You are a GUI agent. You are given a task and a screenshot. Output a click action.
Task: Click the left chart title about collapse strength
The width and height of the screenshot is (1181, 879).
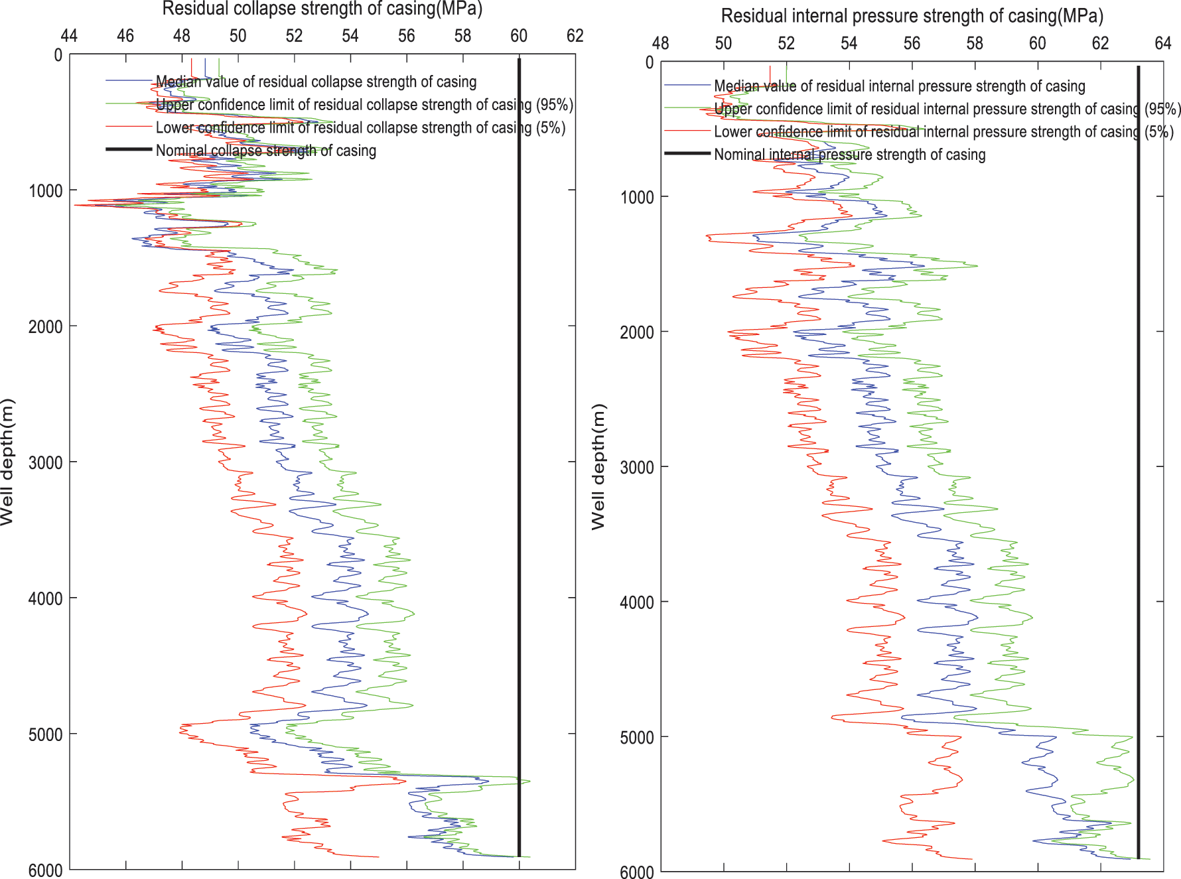tap(322, 9)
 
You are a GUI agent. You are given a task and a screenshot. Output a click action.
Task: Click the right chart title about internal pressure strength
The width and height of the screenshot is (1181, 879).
tap(912, 16)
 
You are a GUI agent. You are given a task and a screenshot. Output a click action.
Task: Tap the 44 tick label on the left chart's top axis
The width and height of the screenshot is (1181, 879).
tap(69, 36)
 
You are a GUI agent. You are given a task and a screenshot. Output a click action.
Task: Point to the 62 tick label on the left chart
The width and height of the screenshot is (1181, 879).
tap(575, 36)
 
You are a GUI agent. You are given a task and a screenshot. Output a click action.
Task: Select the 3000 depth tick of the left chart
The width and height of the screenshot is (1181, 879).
tap(45, 462)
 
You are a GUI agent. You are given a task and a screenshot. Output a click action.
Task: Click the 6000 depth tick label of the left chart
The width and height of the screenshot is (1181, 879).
tap(45, 870)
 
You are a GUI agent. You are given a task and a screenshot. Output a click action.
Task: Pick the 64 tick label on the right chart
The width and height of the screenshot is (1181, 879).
tap(1162, 43)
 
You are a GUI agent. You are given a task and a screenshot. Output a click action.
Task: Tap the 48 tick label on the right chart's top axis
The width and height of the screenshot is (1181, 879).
tap(660, 43)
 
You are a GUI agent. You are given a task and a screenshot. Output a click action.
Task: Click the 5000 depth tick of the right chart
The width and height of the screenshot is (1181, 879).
tap(637, 738)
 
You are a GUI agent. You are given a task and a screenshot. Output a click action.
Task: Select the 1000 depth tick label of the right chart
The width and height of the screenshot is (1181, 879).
tap(637, 198)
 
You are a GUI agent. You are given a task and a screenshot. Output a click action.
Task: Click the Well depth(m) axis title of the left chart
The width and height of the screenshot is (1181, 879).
tap(7, 462)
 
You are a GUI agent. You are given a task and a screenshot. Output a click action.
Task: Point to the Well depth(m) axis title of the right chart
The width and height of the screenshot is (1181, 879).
tap(598, 466)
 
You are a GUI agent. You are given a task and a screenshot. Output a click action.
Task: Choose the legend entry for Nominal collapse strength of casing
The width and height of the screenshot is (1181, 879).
tap(265, 151)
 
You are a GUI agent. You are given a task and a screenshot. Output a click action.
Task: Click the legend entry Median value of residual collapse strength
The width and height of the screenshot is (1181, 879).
tap(316, 82)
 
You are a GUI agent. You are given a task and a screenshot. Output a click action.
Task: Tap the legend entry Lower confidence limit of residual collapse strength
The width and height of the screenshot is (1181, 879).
tap(360, 127)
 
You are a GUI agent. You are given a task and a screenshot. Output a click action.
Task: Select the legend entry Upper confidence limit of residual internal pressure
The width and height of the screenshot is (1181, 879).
tap(947, 109)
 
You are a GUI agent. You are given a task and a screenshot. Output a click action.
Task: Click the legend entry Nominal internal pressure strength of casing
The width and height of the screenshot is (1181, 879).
tap(849, 155)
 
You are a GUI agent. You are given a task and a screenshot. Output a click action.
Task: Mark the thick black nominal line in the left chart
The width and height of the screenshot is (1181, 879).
tap(519, 464)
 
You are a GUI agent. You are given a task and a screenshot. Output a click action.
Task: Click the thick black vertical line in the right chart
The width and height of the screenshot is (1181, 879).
tap(1139, 464)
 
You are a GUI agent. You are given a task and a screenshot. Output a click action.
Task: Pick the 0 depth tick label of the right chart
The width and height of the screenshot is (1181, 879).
tap(649, 63)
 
